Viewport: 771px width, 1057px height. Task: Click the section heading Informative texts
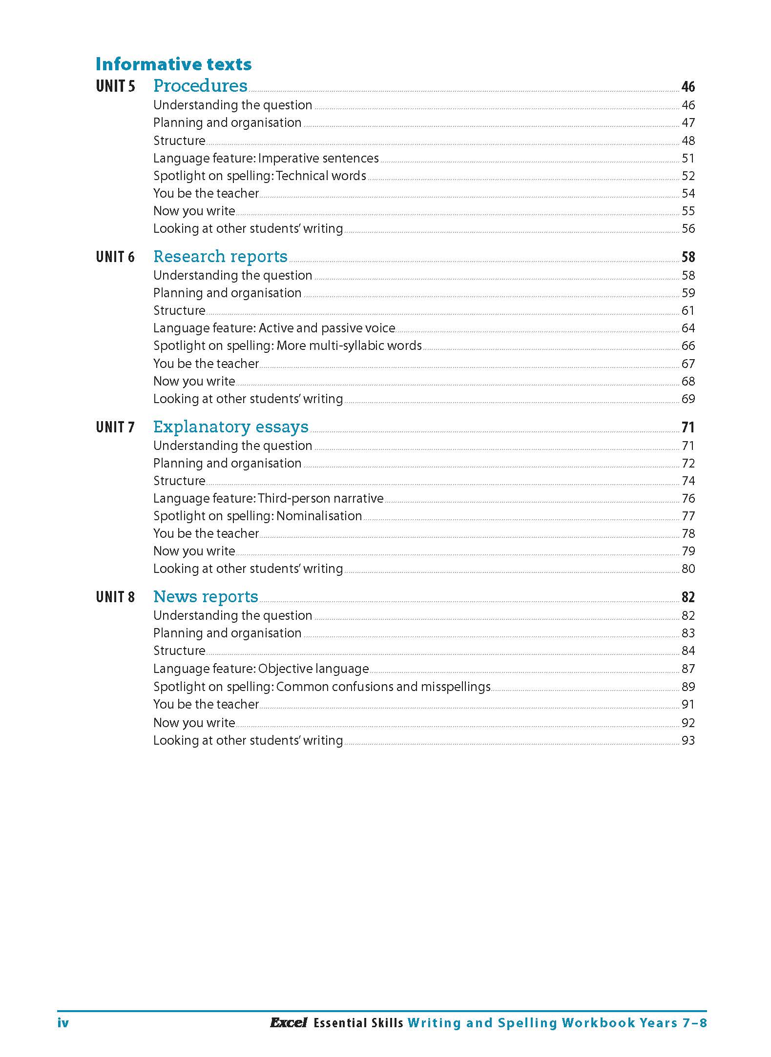[173, 64]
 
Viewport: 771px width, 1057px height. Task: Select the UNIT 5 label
[115, 86]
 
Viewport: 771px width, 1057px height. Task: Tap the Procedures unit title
[200, 85]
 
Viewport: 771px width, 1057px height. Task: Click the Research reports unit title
[220, 256]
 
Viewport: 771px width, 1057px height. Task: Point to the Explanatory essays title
[230, 427]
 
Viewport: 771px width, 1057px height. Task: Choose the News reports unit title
[206, 596]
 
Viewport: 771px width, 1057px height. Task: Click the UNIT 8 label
[115, 597]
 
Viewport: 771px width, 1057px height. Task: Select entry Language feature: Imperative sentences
[266, 158]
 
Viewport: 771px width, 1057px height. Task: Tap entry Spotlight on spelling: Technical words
[259, 176]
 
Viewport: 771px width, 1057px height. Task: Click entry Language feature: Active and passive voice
[274, 328]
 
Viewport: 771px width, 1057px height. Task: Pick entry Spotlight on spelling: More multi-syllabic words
[287, 346]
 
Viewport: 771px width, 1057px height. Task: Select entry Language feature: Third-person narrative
[268, 498]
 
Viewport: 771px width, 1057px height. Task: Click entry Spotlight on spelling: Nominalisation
[257, 516]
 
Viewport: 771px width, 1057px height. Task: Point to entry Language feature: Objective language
[261, 669]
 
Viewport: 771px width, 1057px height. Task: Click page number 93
[688, 740]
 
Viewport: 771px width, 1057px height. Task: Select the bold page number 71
[688, 427]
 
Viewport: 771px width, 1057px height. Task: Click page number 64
[688, 328]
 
